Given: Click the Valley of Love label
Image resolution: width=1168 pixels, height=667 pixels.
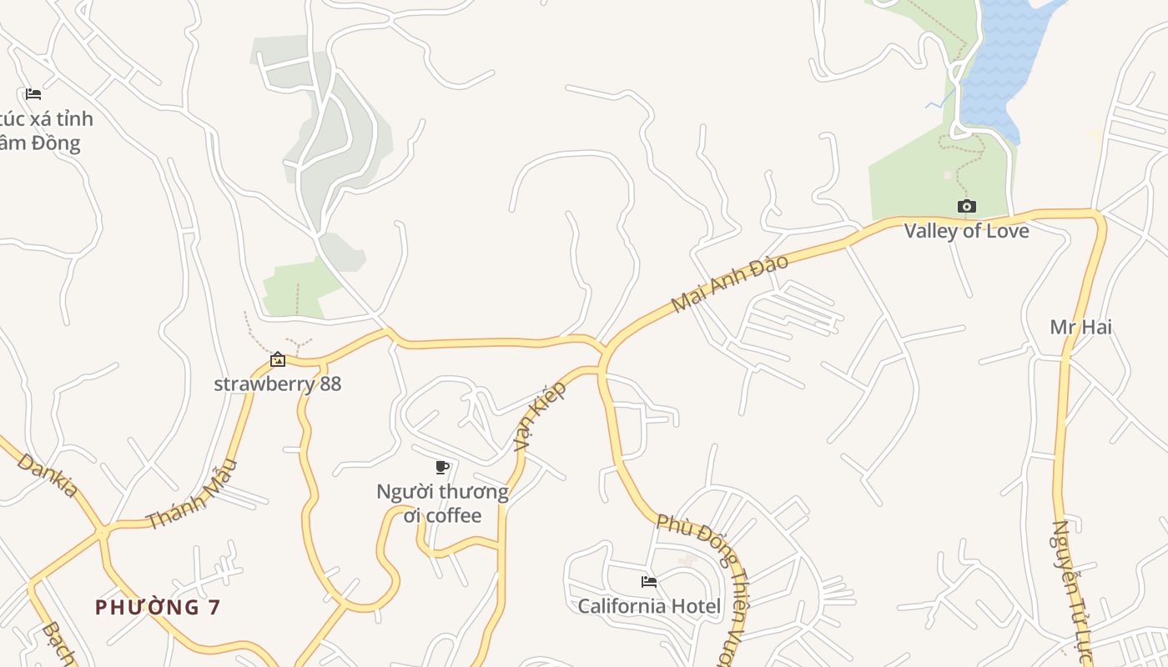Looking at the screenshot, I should click(966, 231).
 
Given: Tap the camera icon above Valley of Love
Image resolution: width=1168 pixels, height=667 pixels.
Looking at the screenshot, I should click(966, 206).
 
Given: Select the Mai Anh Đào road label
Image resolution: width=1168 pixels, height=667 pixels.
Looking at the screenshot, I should click(729, 283).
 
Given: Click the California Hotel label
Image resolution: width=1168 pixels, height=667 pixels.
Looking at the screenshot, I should click(649, 606).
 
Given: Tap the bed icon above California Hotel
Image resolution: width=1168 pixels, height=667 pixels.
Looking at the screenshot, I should click(649, 581).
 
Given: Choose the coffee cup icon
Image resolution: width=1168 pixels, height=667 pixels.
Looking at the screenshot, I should click(442, 467).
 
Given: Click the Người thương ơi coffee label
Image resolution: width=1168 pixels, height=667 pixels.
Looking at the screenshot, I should click(442, 504).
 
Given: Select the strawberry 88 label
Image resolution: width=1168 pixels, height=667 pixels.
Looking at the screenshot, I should click(278, 384).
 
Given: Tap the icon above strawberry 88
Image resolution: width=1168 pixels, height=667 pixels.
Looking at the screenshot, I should click(278, 359).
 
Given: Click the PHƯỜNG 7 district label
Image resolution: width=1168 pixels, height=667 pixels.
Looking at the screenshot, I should click(158, 607).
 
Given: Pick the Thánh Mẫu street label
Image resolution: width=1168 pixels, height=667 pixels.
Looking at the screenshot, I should click(192, 494).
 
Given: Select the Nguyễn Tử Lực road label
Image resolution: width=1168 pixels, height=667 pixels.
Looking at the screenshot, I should click(1072, 592).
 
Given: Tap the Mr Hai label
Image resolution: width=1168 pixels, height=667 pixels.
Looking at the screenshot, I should click(1080, 327).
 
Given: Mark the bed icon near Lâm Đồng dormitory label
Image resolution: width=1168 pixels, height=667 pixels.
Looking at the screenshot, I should click(33, 93).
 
